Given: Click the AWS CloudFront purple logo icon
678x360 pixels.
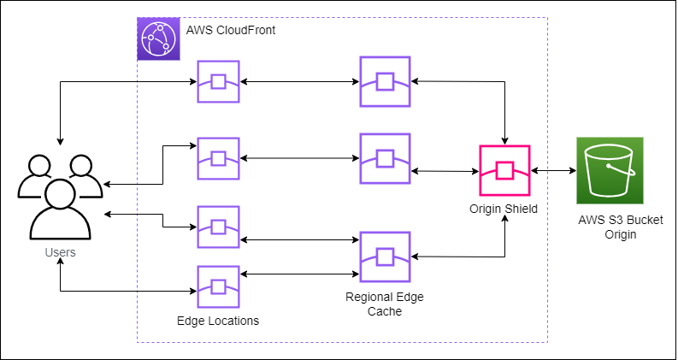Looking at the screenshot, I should coord(158,38).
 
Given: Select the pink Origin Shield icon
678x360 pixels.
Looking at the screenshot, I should coord(504,171).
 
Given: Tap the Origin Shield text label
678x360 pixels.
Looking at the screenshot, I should coord(504,209).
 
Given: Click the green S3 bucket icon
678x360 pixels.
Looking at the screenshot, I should coord(607,171).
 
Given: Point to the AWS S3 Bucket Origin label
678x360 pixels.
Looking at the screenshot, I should coord(607,227).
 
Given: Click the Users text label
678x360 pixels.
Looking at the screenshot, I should coord(60,252).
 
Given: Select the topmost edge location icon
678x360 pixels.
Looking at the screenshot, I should coord(218,82).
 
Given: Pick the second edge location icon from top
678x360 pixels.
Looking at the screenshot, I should coord(218,158).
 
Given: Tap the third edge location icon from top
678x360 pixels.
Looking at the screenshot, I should coord(218,227).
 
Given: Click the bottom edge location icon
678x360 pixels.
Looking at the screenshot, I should coord(218,287).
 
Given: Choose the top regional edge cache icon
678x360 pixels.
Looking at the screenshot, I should coord(384,82).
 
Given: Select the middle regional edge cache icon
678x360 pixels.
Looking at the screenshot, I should coord(384,158).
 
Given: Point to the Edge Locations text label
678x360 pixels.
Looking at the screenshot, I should coord(218,321).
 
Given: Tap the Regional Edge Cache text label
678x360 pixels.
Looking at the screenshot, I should coord(385,304).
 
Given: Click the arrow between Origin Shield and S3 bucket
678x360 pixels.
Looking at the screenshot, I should coord(553,171).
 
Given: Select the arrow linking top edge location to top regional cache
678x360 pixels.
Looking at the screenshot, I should coord(299,82).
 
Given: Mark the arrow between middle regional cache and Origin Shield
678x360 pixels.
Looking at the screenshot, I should coord(445,171).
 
